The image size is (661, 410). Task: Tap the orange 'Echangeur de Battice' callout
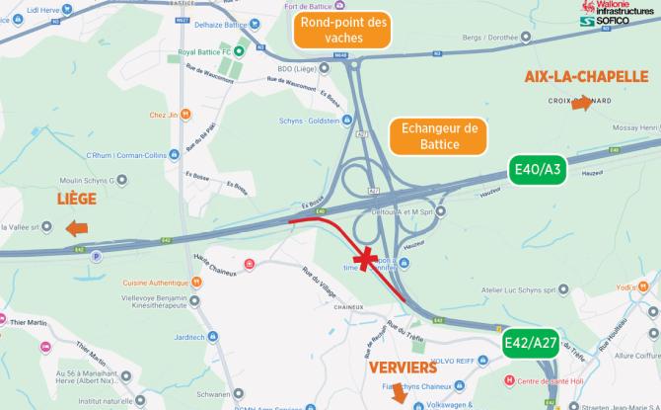[x=440, y=137]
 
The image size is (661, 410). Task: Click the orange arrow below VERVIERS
[x=399, y=394]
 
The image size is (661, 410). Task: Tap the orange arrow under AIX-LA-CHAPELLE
[x=584, y=107]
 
